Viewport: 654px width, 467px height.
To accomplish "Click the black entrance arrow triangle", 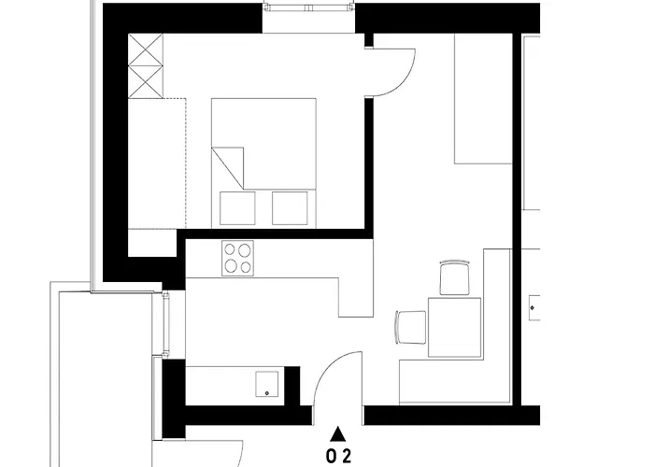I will click(x=338, y=433).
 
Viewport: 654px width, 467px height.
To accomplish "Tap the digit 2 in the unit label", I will click(x=347, y=457).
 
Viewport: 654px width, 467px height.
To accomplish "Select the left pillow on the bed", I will click(x=236, y=207).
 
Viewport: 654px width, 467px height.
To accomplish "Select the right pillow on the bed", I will click(x=290, y=207).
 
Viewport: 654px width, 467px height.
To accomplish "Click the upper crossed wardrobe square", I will click(x=146, y=50).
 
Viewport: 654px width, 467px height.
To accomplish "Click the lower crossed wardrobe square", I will click(x=146, y=81).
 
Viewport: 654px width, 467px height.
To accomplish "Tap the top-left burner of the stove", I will click(x=230, y=249).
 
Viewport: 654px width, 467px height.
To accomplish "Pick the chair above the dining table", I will click(x=455, y=277).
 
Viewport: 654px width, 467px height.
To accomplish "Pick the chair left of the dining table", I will click(x=410, y=327).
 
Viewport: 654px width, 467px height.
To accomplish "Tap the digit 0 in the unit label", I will click(x=330, y=457).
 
